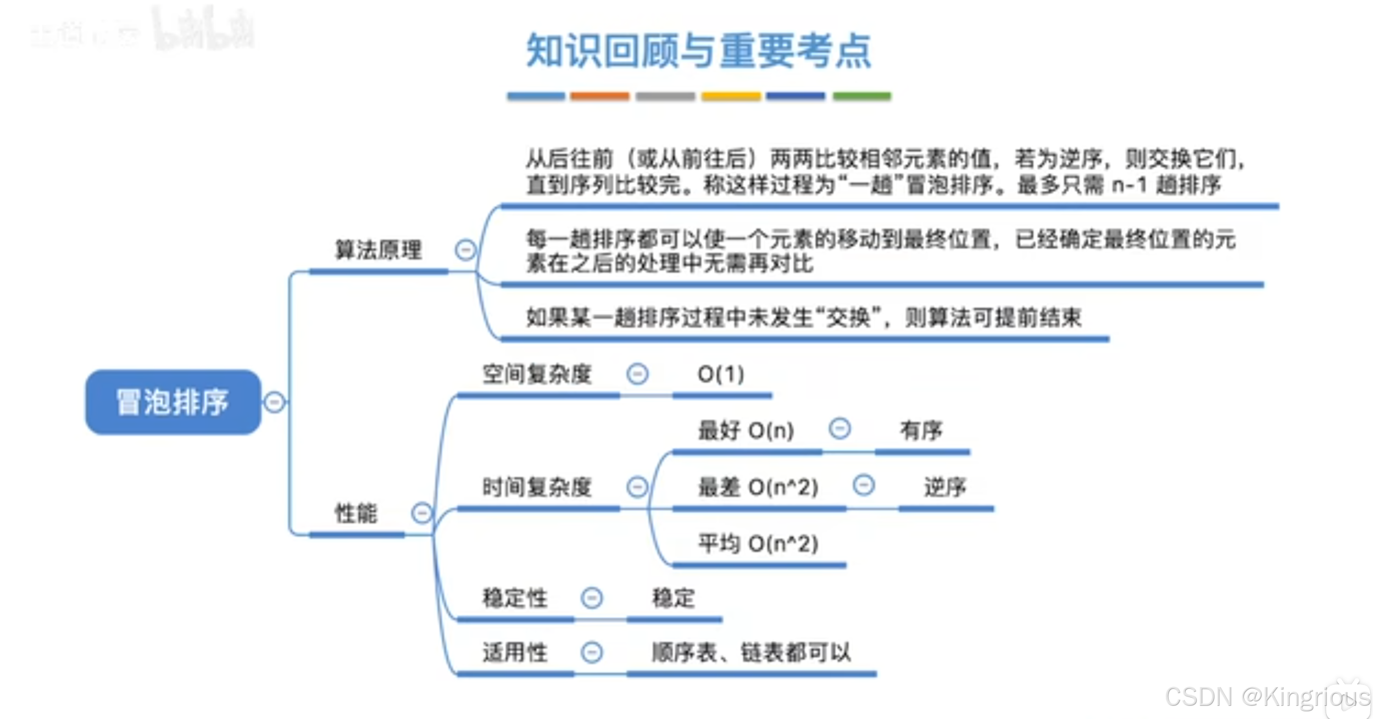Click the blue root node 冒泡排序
173,402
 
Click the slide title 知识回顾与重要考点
699,51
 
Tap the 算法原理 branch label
379,250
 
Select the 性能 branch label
356,514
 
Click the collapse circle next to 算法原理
465,250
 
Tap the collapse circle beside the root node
275,402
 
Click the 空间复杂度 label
537,375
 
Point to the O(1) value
721,375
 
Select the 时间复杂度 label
537,487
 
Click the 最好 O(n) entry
746,431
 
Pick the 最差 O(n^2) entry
758,487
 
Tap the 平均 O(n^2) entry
758,544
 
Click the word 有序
921,431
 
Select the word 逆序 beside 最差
944,487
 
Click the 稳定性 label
515,598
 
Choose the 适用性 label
515,653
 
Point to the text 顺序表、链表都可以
751,653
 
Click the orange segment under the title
599,96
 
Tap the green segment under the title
861,96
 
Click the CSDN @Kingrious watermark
1266,697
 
